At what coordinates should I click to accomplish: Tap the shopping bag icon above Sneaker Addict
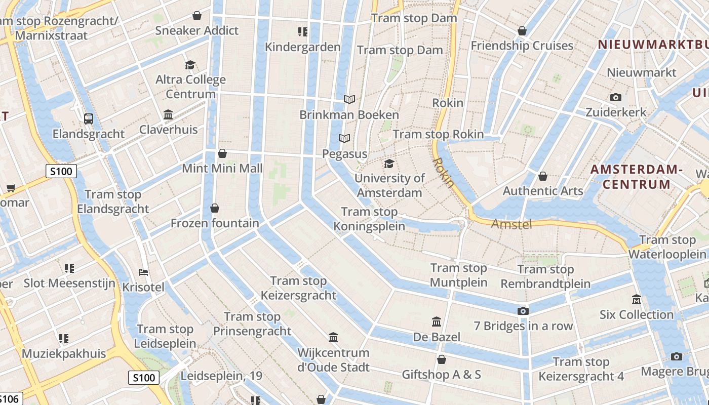197,16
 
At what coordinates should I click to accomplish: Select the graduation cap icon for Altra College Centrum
190,65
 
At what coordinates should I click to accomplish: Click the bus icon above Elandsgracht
89,119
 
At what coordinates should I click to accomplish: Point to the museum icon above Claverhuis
168,115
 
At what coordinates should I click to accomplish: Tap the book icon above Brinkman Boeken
349,99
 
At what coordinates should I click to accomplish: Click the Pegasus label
345,154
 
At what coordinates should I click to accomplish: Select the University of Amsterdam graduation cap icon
389,164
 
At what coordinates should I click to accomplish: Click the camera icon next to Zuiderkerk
616,97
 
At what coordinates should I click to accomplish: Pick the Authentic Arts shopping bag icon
543,176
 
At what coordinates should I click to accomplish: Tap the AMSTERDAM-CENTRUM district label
637,176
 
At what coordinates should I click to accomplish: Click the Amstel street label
511,224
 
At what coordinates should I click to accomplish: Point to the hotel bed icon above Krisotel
143,272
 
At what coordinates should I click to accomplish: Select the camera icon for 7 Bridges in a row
523,311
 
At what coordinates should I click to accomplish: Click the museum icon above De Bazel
437,321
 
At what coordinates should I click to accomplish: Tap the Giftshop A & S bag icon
442,359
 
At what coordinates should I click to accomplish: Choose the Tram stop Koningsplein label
369,219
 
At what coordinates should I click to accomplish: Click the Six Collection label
637,314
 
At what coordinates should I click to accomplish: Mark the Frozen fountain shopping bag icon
215,208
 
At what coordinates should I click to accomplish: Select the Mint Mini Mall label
222,168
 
